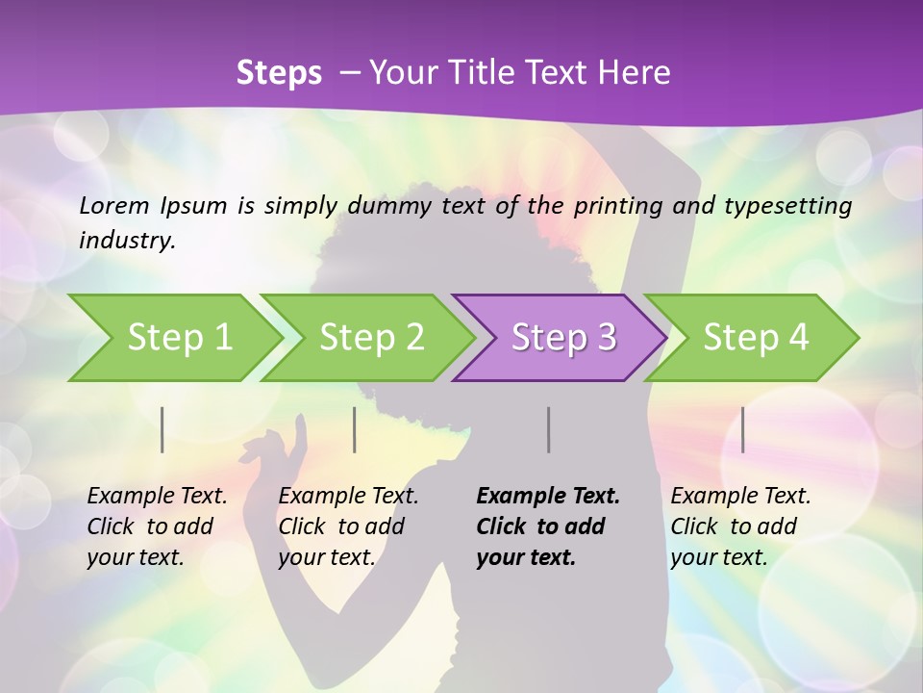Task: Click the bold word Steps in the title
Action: pos(279,72)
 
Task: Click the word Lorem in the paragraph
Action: pos(115,205)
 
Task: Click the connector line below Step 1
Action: pos(162,429)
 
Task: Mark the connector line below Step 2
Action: pos(355,429)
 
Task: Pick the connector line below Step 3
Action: pos(548,429)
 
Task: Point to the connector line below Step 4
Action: pos(742,429)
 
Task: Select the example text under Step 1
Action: pos(157,526)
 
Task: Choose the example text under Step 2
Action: pos(348,526)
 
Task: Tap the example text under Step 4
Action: pos(740,526)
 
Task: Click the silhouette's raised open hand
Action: pos(279,448)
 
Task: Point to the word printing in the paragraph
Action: pos(611,205)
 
